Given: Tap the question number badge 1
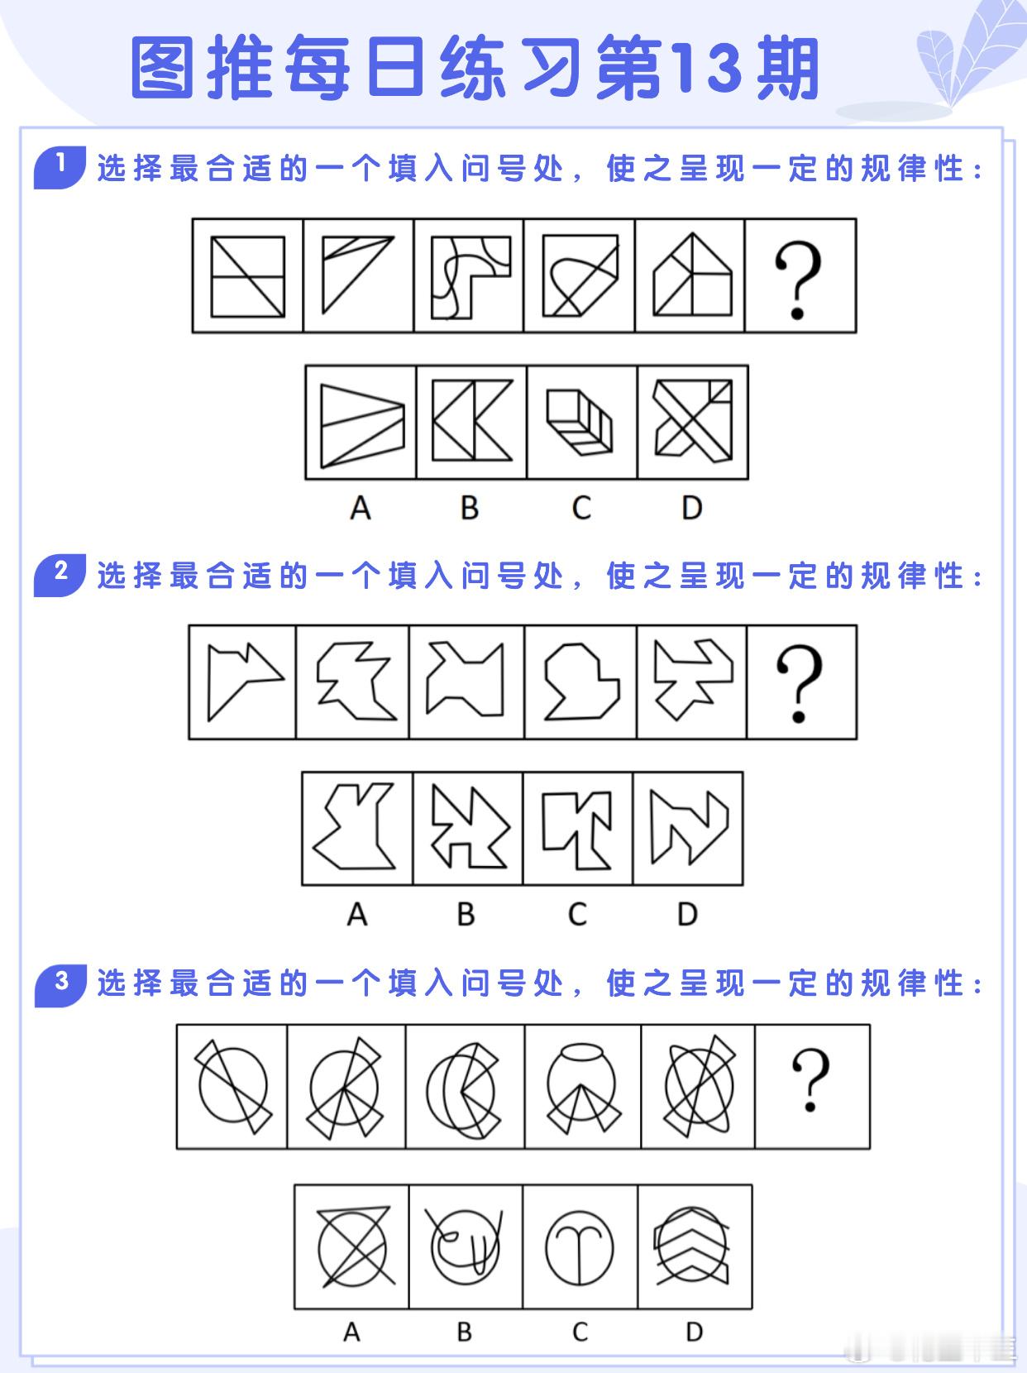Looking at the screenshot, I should pyautogui.click(x=60, y=166).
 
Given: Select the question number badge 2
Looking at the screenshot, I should pyautogui.click(x=60, y=573).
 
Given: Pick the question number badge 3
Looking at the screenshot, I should pyautogui.click(x=60, y=983).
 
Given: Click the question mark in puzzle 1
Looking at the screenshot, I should pyautogui.click(x=797, y=280).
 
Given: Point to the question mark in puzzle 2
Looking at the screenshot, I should pyautogui.click(x=798, y=684).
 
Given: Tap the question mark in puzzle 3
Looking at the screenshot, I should pyautogui.click(x=810, y=1080).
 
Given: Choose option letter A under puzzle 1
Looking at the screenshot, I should pyautogui.click(x=360, y=507).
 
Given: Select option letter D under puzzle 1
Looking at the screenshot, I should pyautogui.click(x=691, y=507).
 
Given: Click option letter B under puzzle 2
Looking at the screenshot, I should pyautogui.click(x=466, y=914).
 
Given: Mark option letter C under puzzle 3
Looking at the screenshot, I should pyautogui.click(x=580, y=1332).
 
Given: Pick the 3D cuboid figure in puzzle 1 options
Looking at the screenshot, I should pyautogui.click(x=580, y=422).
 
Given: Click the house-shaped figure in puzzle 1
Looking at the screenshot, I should pyautogui.click(x=691, y=276).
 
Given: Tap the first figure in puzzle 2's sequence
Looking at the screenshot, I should pyautogui.click(x=241, y=681).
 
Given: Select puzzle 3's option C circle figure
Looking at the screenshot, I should pyautogui.click(x=580, y=1247).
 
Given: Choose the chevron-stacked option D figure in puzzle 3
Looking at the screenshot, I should pyautogui.click(x=692, y=1247).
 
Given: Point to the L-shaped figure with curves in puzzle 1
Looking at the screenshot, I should pyautogui.click(x=470, y=276).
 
